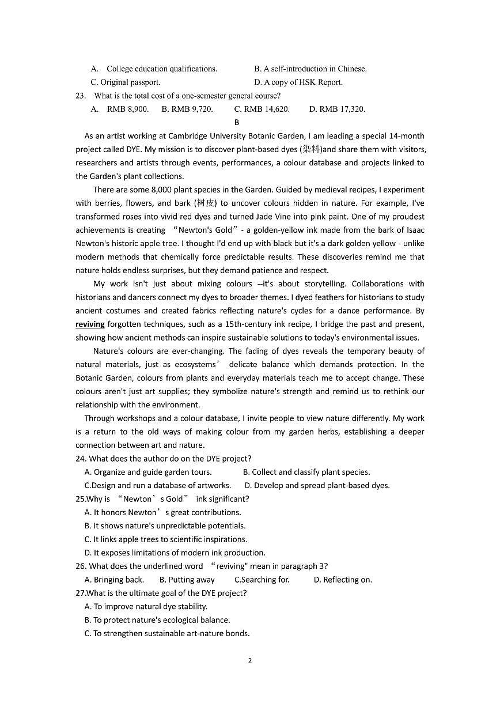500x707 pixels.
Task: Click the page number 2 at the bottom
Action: (x=249, y=660)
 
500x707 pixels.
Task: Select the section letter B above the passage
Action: (x=237, y=122)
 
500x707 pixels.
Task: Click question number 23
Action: (x=81, y=96)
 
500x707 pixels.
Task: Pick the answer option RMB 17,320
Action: (x=337, y=109)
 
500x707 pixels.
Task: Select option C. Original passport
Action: (x=126, y=82)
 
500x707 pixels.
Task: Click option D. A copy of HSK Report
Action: (x=298, y=82)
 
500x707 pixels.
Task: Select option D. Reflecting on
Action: (x=343, y=580)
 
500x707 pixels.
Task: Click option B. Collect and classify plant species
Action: (x=306, y=472)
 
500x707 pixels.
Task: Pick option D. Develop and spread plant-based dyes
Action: (x=317, y=485)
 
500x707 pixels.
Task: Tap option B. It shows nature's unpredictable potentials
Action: (x=165, y=525)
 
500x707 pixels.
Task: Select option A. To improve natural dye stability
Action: (x=146, y=606)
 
